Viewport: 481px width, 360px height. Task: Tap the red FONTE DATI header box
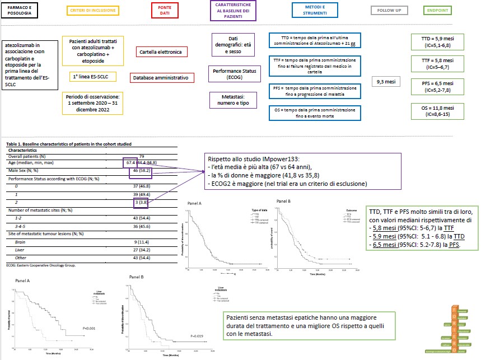coord(165,10)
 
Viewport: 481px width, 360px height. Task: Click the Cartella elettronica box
coord(162,52)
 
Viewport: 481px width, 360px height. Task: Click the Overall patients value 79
coord(141,156)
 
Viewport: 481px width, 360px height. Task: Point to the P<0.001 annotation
coord(90,328)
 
